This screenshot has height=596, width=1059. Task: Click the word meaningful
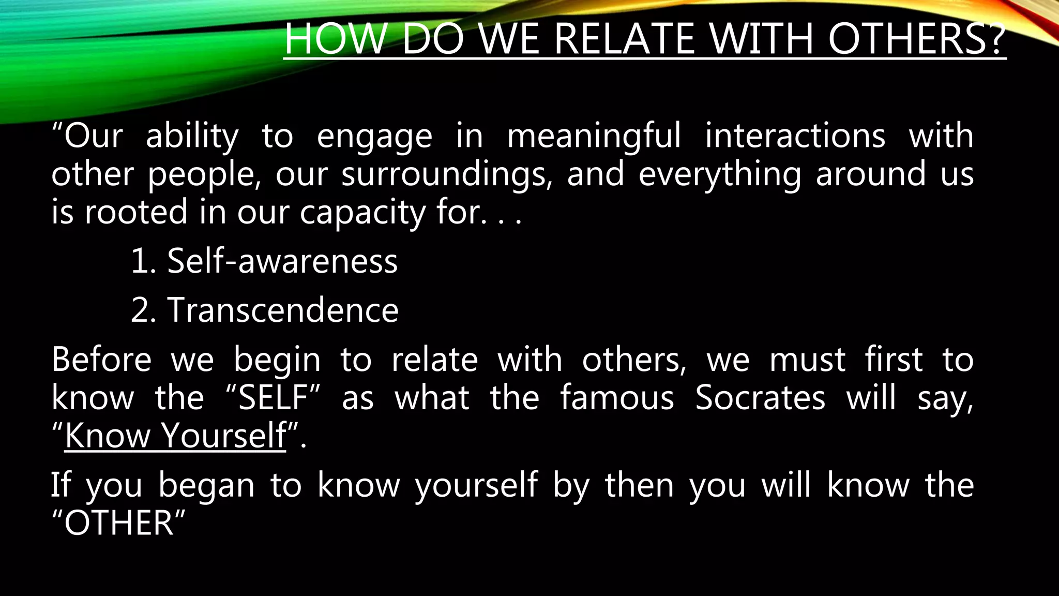click(x=594, y=136)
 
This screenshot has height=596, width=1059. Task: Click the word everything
click(x=719, y=174)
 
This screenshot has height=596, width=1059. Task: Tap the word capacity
click(x=362, y=213)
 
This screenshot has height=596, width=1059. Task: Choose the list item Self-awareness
click(x=282, y=261)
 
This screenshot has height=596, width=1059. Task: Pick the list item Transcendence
click(x=283, y=310)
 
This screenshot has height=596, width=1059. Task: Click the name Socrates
click(x=760, y=398)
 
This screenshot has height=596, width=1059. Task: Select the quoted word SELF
click(x=273, y=398)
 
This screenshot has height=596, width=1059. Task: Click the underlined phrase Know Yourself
click(x=175, y=436)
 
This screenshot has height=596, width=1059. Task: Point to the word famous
click(x=617, y=398)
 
